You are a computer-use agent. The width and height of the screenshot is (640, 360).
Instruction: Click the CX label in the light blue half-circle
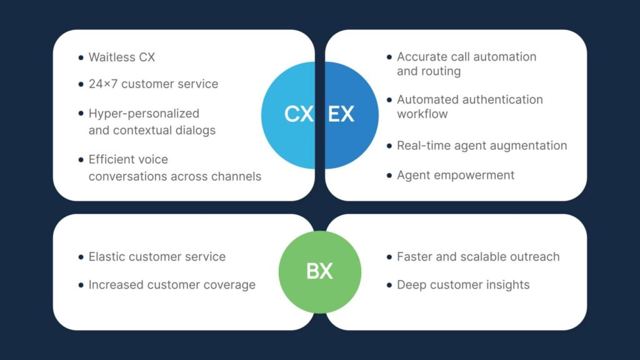coord(299,114)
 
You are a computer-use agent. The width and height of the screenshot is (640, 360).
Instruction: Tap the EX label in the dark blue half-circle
coord(341,114)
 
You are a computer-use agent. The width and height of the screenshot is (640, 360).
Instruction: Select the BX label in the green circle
coord(319,271)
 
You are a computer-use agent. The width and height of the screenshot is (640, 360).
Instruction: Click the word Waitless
coord(112,57)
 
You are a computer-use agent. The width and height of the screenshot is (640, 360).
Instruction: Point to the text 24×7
coord(103,84)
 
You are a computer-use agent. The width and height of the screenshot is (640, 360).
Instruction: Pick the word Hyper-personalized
coord(144,114)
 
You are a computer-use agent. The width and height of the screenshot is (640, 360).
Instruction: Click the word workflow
coord(422,114)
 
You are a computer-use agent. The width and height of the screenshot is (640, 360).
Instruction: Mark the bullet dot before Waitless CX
coord(81,57)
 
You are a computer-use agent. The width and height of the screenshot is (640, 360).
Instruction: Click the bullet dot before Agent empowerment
coord(389,176)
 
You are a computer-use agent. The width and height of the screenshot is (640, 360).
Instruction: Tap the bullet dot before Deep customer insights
coord(389,285)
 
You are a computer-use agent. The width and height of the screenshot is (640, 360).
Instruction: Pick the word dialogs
coord(196,131)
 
